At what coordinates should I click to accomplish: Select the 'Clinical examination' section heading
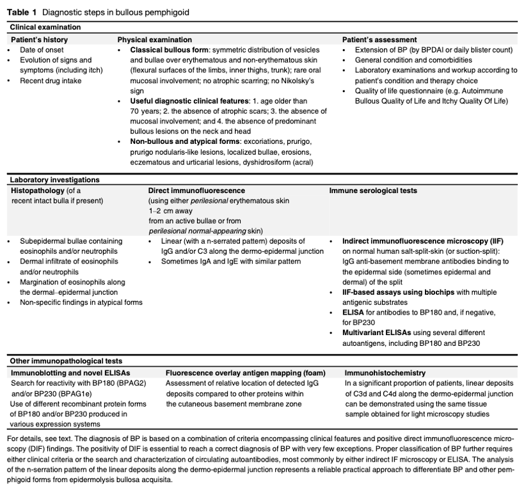click(45, 27)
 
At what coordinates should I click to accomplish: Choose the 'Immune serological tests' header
click(373, 191)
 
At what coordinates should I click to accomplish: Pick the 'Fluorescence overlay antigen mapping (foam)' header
click(245, 372)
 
